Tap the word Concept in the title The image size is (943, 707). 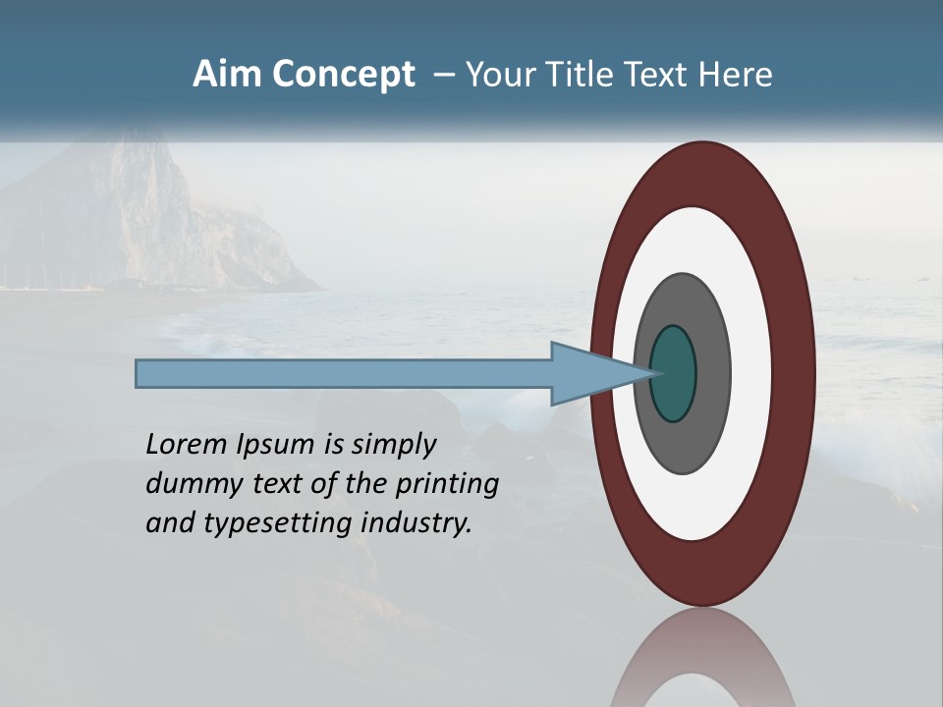[x=343, y=75]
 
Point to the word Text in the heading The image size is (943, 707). [x=658, y=75]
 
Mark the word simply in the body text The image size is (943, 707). [x=393, y=446]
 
